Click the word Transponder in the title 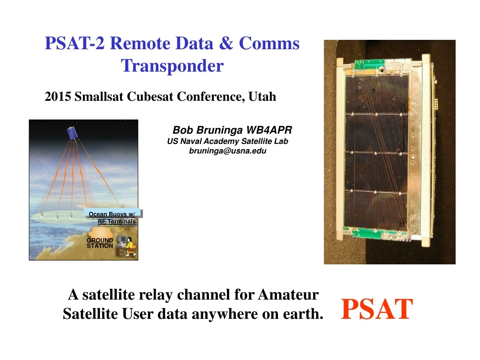click(172, 66)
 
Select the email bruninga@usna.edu click(227, 151)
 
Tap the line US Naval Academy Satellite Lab click(227, 141)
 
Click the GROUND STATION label click(99, 243)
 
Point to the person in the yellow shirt click(130, 247)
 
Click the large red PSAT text click(377, 309)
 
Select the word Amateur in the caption click(288, 295)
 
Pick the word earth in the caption click(300, 314)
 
